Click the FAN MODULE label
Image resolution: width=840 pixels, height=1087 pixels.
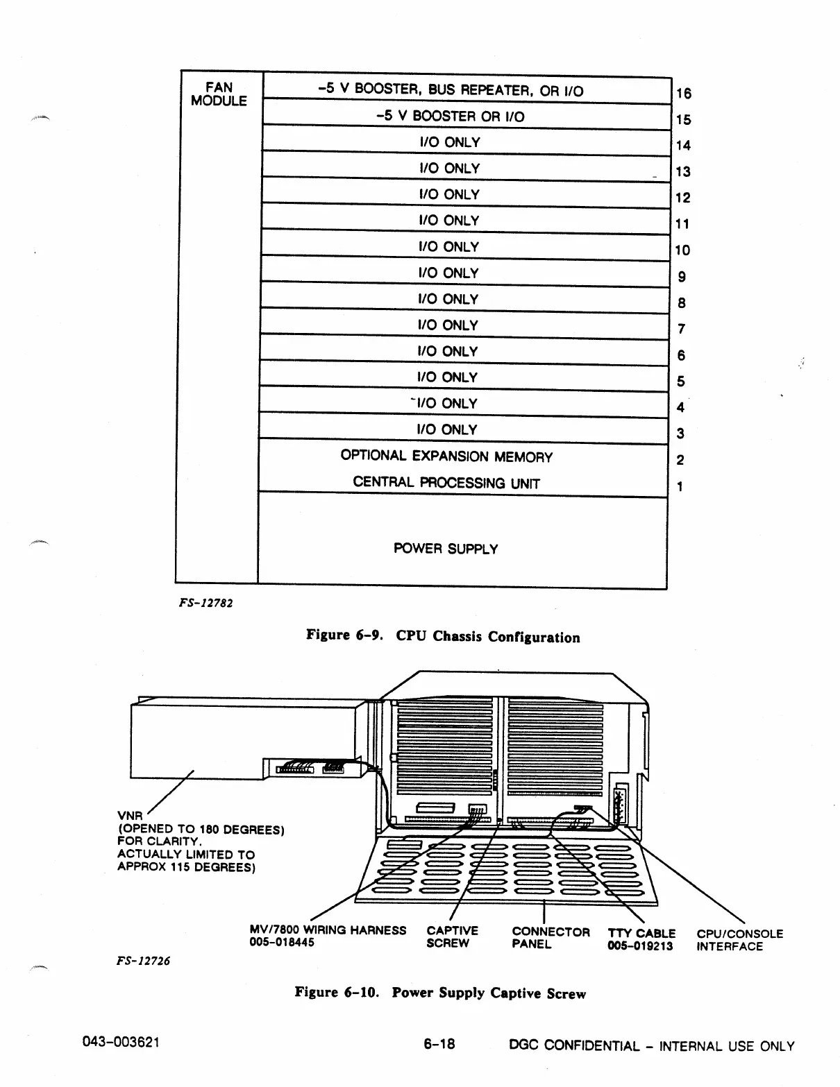point(219,94)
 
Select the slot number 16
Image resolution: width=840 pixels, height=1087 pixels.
point(683,94)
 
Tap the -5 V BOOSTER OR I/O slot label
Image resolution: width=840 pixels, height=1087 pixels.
point(450,116)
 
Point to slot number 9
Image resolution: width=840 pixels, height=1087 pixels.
point(682,277)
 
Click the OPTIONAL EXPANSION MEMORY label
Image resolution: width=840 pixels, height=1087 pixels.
point(446,456)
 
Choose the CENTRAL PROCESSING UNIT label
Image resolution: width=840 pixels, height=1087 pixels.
point(446,483)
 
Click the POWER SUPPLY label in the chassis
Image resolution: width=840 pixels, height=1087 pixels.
point(446,549)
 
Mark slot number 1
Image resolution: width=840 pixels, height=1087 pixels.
point(680,486)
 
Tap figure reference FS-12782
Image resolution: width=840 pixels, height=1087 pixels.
point(205,603)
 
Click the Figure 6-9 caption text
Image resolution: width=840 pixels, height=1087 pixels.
point(443,636)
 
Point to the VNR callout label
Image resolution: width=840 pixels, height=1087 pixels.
point(130,816)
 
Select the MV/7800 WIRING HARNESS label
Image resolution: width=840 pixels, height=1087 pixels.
point(328,930)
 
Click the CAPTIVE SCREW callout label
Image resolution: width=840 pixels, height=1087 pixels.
point(452,936)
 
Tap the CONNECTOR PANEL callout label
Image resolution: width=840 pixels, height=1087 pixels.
point(551,937)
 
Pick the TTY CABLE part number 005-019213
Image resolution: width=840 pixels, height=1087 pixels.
point(640,945)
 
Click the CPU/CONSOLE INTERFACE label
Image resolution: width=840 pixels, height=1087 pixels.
point(739,940)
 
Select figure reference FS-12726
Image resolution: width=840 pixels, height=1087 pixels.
point(144,961)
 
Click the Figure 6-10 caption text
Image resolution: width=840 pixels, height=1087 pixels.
point(440,993)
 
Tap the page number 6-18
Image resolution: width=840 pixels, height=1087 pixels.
point(439,1043)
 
